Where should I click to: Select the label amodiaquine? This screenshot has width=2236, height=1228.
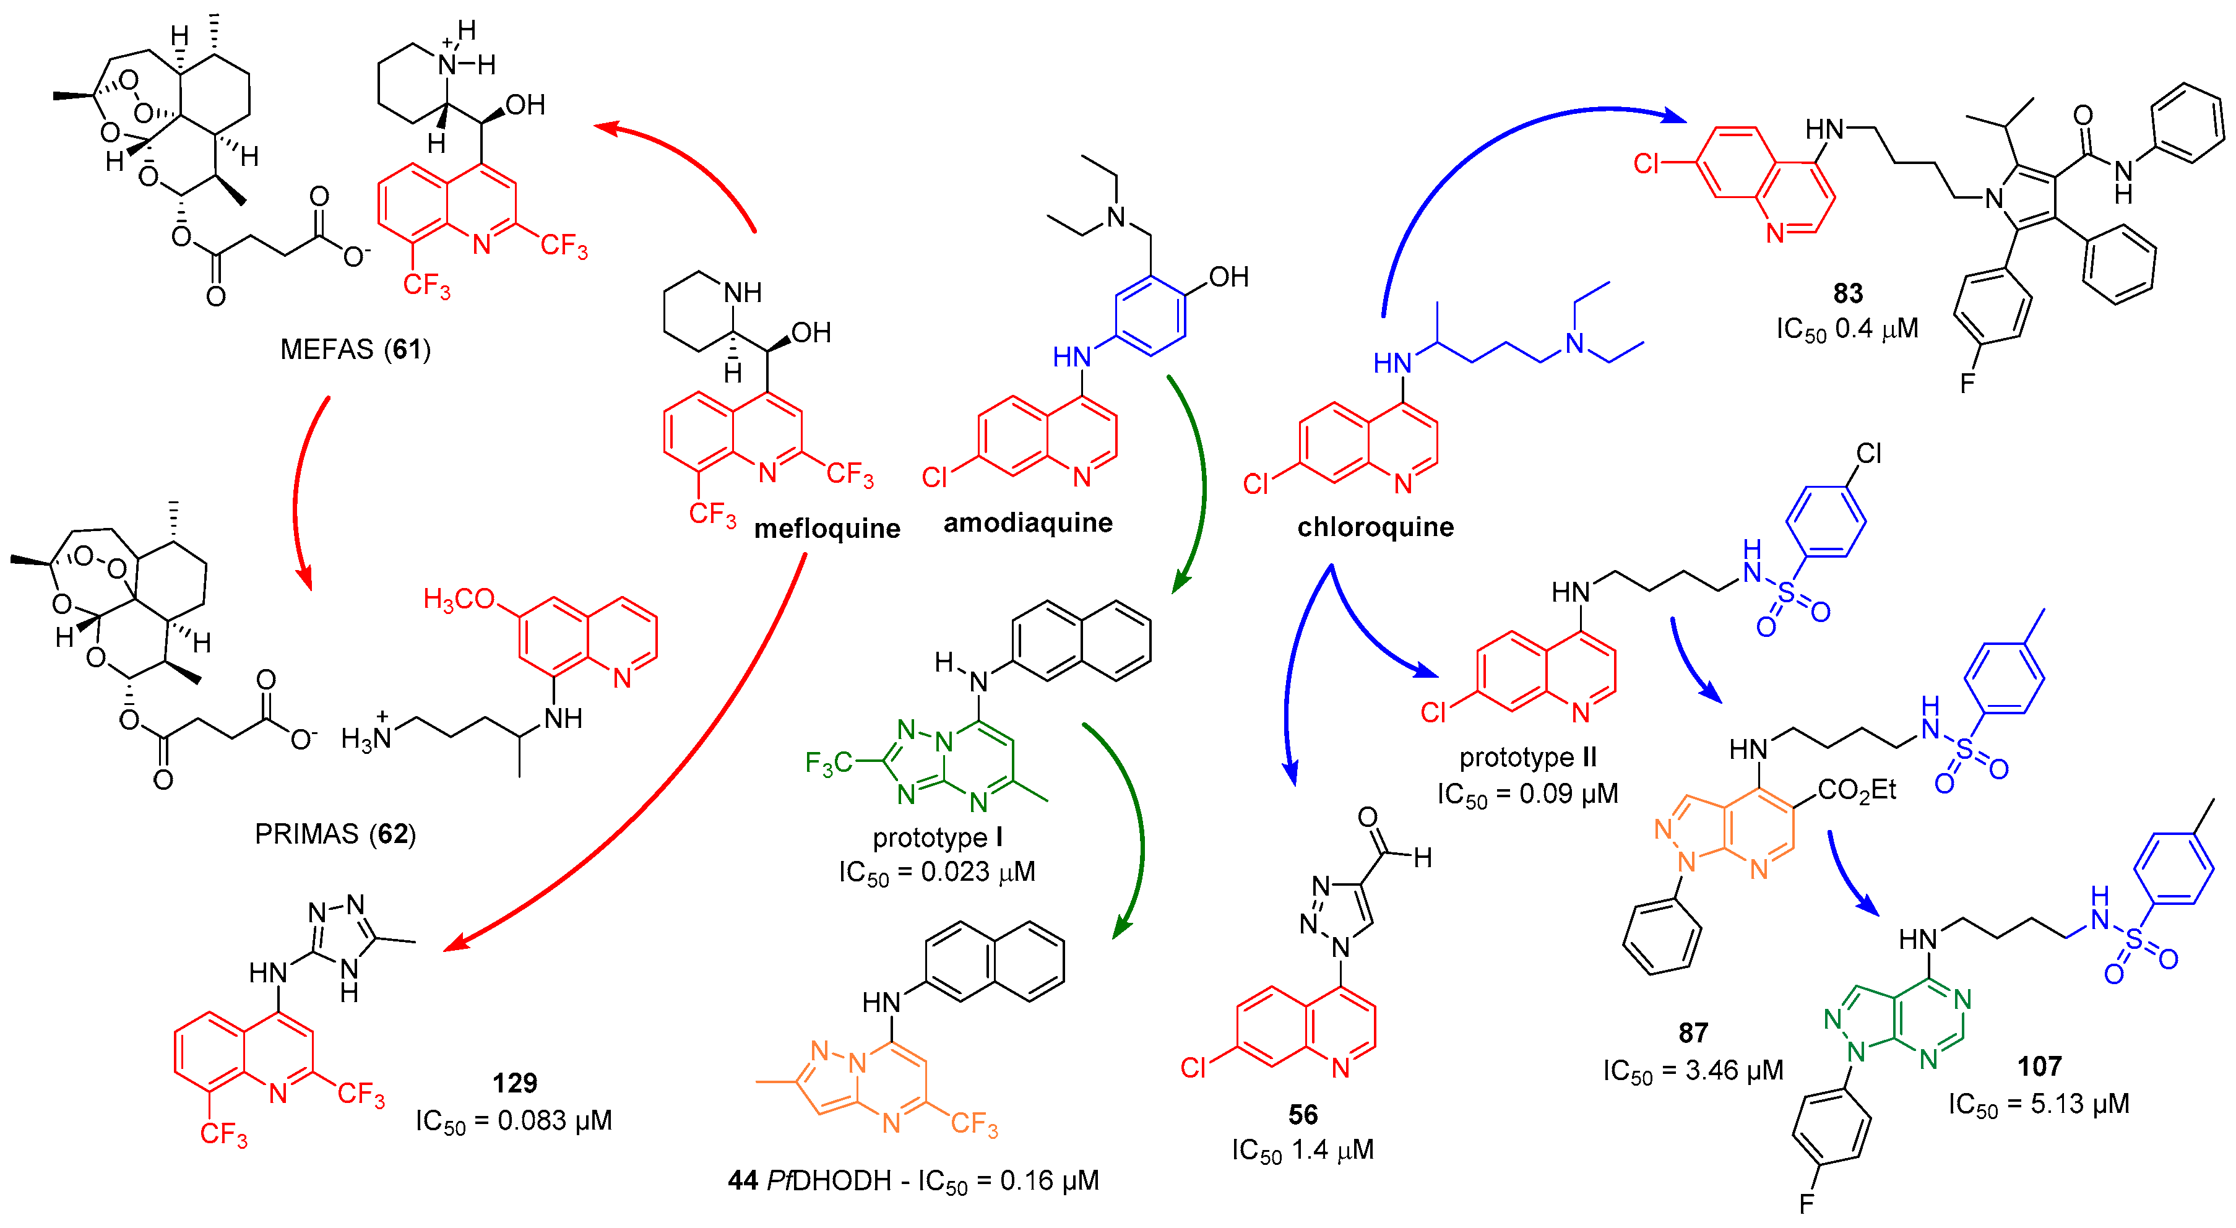coord(1028,522)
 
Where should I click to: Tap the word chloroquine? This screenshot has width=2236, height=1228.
coord(1375,527)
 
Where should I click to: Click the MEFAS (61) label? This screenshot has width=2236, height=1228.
coord(355,349)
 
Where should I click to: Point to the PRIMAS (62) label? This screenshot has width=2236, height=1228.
coord(335,833)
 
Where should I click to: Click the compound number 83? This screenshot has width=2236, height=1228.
coord(1848,293)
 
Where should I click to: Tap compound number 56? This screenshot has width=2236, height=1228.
coord(1302,1114)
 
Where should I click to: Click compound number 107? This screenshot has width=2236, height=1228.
coord(2039,1066)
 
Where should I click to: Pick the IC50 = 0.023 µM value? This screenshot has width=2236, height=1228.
coord(938,871)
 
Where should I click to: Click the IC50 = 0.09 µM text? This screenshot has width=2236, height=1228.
coord(1528,794)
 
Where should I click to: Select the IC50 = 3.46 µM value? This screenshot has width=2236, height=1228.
coord(1693,1070)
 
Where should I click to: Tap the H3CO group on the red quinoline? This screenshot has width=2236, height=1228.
coord(459,599)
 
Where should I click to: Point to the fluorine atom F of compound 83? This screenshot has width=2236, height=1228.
coord(1967,383)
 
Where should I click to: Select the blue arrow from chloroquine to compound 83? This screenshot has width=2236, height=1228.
coord(1475,156)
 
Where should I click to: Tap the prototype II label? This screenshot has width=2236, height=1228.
coord(1528,758)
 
